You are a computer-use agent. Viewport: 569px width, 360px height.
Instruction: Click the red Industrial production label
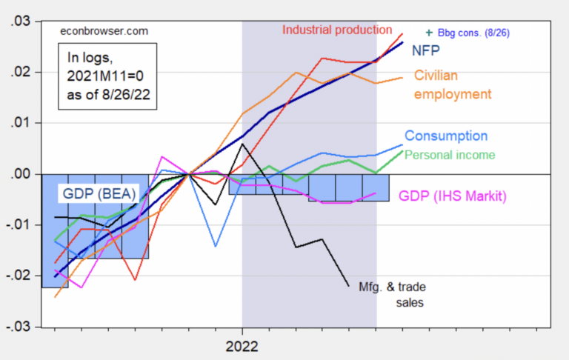tap(337, 30)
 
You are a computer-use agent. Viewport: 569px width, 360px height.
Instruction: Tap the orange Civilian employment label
tap(452, 85)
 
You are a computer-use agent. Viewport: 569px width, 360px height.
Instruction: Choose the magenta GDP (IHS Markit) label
tap(452, 196)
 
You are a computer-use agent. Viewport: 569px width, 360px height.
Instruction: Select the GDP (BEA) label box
tap(93, 196)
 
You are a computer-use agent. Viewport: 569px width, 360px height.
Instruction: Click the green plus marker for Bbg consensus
tap(429, 33)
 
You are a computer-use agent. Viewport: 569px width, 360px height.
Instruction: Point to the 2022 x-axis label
tap(242, 345)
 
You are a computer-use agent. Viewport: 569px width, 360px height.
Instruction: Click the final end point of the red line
tap(402, 33)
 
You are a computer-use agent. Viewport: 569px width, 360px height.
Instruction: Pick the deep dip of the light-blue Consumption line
tap(216, 246)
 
